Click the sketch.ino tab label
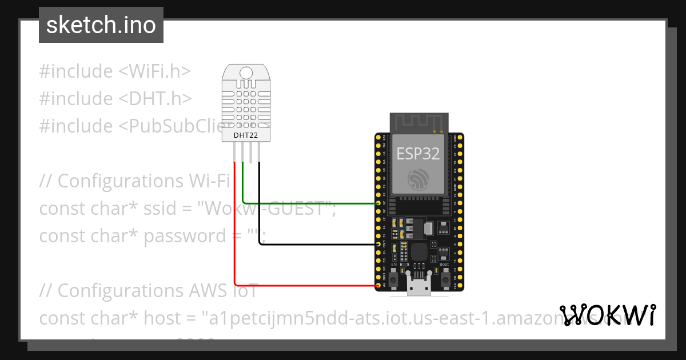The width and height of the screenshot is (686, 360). [101, 25]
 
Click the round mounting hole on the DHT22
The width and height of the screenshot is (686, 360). [246, 73]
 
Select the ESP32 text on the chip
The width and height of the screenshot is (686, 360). [418, 153]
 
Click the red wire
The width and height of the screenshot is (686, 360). [235, 229]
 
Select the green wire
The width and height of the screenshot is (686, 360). [309, 203]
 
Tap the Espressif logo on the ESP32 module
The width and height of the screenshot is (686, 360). [418, 179]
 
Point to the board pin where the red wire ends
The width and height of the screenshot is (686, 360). [378, 285]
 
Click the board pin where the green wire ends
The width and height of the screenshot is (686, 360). [378, 203]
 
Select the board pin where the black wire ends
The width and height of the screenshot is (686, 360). [378, 244]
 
